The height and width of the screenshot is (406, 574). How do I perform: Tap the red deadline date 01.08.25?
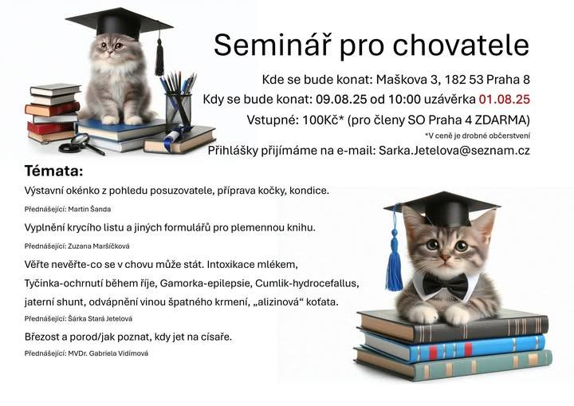tap(504, 99)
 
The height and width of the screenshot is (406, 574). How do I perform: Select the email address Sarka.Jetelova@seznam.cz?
tap(454, 151)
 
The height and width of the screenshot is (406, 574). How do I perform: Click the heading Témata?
tap(54, 171)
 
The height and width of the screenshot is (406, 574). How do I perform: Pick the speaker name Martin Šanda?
tap(89, 209)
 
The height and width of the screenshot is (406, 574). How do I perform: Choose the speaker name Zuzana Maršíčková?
tap(99, 246)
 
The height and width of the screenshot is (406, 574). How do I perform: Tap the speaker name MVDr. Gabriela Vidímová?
tap(108, 353)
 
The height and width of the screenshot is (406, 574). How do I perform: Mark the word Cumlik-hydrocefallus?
tap(305, 284)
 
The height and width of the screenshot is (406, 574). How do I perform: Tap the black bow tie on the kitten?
tap(445, 286)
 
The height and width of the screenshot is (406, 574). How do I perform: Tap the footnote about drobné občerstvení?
tap(478, 136)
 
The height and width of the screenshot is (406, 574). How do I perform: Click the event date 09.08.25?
tap(341, 99)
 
